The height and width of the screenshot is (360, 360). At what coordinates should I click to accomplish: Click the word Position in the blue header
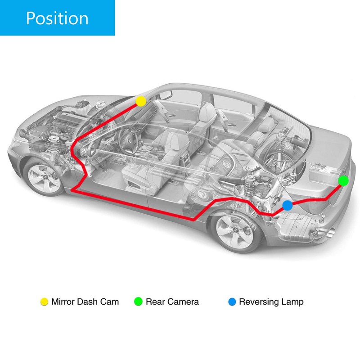[57, 18]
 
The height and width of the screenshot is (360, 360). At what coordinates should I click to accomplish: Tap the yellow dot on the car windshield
[141, 101]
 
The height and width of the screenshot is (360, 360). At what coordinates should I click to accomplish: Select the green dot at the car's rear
[343, 181]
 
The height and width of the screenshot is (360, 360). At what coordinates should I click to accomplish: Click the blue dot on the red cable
[288, 206]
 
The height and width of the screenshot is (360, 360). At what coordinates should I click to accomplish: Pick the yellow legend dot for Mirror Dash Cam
[44, 301]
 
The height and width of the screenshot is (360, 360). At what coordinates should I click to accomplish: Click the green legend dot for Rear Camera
[138, 301]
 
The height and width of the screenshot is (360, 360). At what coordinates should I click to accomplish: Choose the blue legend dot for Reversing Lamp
[232, 301]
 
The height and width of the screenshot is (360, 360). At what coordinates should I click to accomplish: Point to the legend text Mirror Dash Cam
[85, 301]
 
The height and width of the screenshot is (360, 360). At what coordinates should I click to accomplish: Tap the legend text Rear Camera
[172, 301]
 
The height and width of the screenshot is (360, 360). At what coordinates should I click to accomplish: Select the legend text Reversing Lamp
[271, 302]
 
